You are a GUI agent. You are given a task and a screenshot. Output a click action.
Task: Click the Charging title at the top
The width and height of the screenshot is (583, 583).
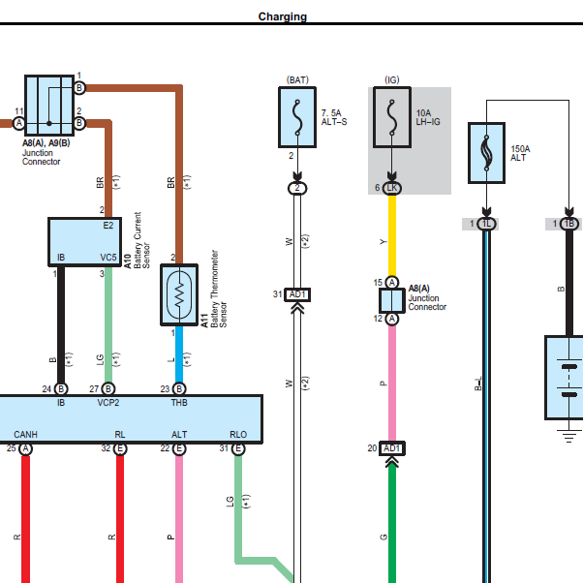283,16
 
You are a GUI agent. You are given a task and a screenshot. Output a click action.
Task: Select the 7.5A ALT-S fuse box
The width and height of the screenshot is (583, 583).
297,117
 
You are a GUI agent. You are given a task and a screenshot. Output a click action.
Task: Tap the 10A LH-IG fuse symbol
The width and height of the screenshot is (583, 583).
392,117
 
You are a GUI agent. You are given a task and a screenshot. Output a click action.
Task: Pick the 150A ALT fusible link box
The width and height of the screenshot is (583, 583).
486,153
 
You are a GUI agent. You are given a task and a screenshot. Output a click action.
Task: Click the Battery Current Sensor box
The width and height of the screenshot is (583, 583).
85,242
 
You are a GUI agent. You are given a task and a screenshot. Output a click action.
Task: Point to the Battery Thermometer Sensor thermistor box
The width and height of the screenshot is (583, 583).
179,294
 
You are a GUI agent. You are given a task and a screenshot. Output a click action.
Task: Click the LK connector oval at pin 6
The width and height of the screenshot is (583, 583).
392,188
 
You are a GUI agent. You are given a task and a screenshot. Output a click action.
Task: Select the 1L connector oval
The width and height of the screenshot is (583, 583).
486,224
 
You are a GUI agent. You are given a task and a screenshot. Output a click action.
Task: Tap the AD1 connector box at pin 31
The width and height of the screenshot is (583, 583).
297,294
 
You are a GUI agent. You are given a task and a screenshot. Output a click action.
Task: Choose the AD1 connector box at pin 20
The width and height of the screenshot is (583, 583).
392,448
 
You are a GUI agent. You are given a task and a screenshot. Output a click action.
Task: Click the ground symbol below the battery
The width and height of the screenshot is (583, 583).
568,436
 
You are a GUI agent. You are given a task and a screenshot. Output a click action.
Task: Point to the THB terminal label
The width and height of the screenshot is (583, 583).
179,403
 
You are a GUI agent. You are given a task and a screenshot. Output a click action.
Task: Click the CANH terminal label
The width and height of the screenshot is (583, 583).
25,435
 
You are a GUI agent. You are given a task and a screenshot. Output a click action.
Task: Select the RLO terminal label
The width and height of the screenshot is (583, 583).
238,435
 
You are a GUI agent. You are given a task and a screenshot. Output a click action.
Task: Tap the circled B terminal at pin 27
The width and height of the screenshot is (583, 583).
108,389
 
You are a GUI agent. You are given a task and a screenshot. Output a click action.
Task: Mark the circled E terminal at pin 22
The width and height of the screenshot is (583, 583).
179,448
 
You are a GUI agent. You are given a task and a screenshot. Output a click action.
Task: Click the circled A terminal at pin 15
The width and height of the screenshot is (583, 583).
392,283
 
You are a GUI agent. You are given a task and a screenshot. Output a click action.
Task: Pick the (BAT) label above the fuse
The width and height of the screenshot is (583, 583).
297,80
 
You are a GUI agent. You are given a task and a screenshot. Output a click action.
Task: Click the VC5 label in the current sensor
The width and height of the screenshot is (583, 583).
108,258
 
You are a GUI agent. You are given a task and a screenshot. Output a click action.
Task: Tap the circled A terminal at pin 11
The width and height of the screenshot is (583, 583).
19,123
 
